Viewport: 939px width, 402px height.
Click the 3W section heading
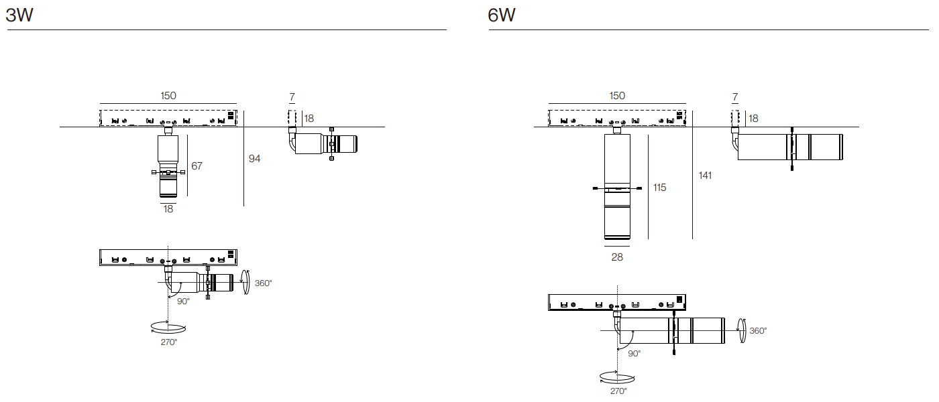[x=19, y=15]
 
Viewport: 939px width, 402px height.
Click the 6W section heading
[x=502, y=15]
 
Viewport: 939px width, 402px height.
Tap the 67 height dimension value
[x=197, y=166]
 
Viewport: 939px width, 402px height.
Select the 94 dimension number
[x=254, y=159]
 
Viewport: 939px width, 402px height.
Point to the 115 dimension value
[x=659, y=188]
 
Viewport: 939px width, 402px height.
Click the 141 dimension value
[x=705, y=176]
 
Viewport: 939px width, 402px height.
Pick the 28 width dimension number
[x=617, y=257]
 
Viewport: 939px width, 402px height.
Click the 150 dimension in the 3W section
[x=168, y=96]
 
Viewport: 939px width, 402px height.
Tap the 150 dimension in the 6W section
[x=617, y=96]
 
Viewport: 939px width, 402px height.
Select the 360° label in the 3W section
[x=263, y=283]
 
